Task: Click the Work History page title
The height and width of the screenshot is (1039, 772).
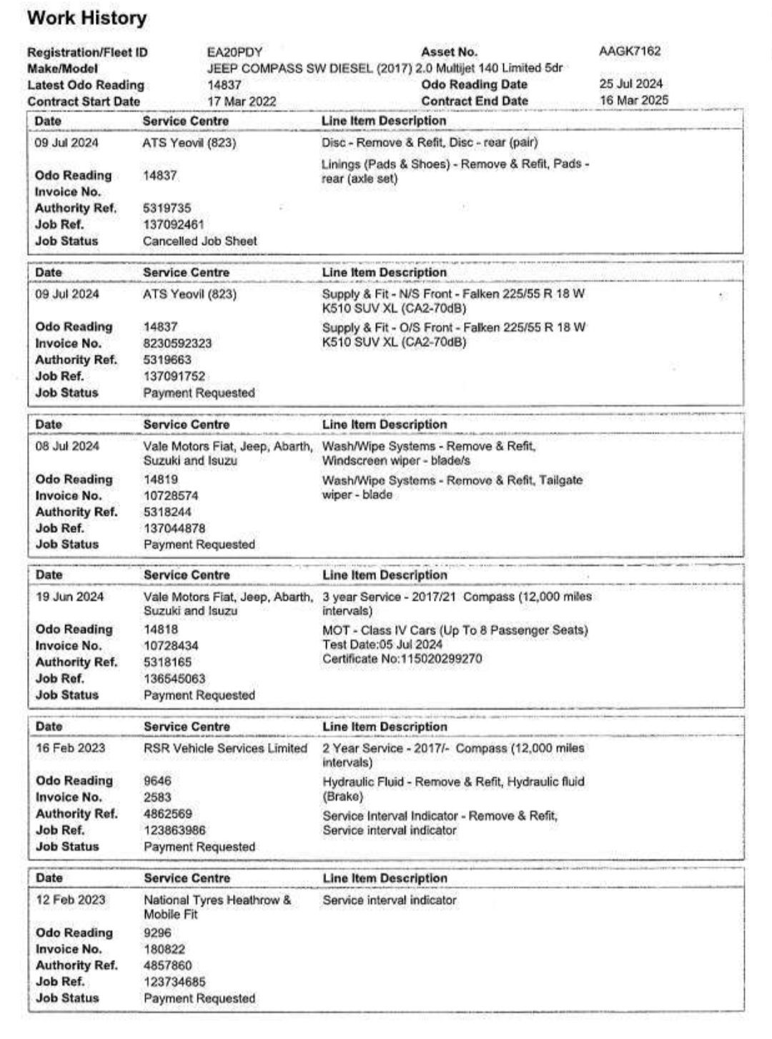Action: point(86,18)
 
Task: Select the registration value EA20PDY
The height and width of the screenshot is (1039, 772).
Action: point(234,52)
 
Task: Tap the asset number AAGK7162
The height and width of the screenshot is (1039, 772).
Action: point(630,51)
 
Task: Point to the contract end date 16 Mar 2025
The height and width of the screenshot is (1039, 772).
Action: point(634,100)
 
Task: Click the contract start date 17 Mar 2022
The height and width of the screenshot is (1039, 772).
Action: point(242,101)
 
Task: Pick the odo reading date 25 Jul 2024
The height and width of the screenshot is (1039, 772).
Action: point(630,84)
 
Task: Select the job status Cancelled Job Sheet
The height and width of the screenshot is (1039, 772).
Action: point(199,241)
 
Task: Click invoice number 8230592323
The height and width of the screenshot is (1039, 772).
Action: point(177,343)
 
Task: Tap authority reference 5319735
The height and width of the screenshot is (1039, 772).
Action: point(167,208)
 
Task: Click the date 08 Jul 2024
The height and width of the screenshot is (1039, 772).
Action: point(67,446)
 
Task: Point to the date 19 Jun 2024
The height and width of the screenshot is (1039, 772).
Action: point(69,597)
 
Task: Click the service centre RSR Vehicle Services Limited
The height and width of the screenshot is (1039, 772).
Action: point(225,748)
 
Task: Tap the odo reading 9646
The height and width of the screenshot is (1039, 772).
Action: point(157,781)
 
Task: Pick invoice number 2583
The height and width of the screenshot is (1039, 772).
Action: point(157,797)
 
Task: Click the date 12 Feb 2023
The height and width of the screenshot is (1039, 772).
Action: point(70,900)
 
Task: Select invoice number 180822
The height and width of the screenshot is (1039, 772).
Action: point(164,949)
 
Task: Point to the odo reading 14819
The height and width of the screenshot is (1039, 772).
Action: point(160,479)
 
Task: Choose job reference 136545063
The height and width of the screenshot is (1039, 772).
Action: point(174,678)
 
